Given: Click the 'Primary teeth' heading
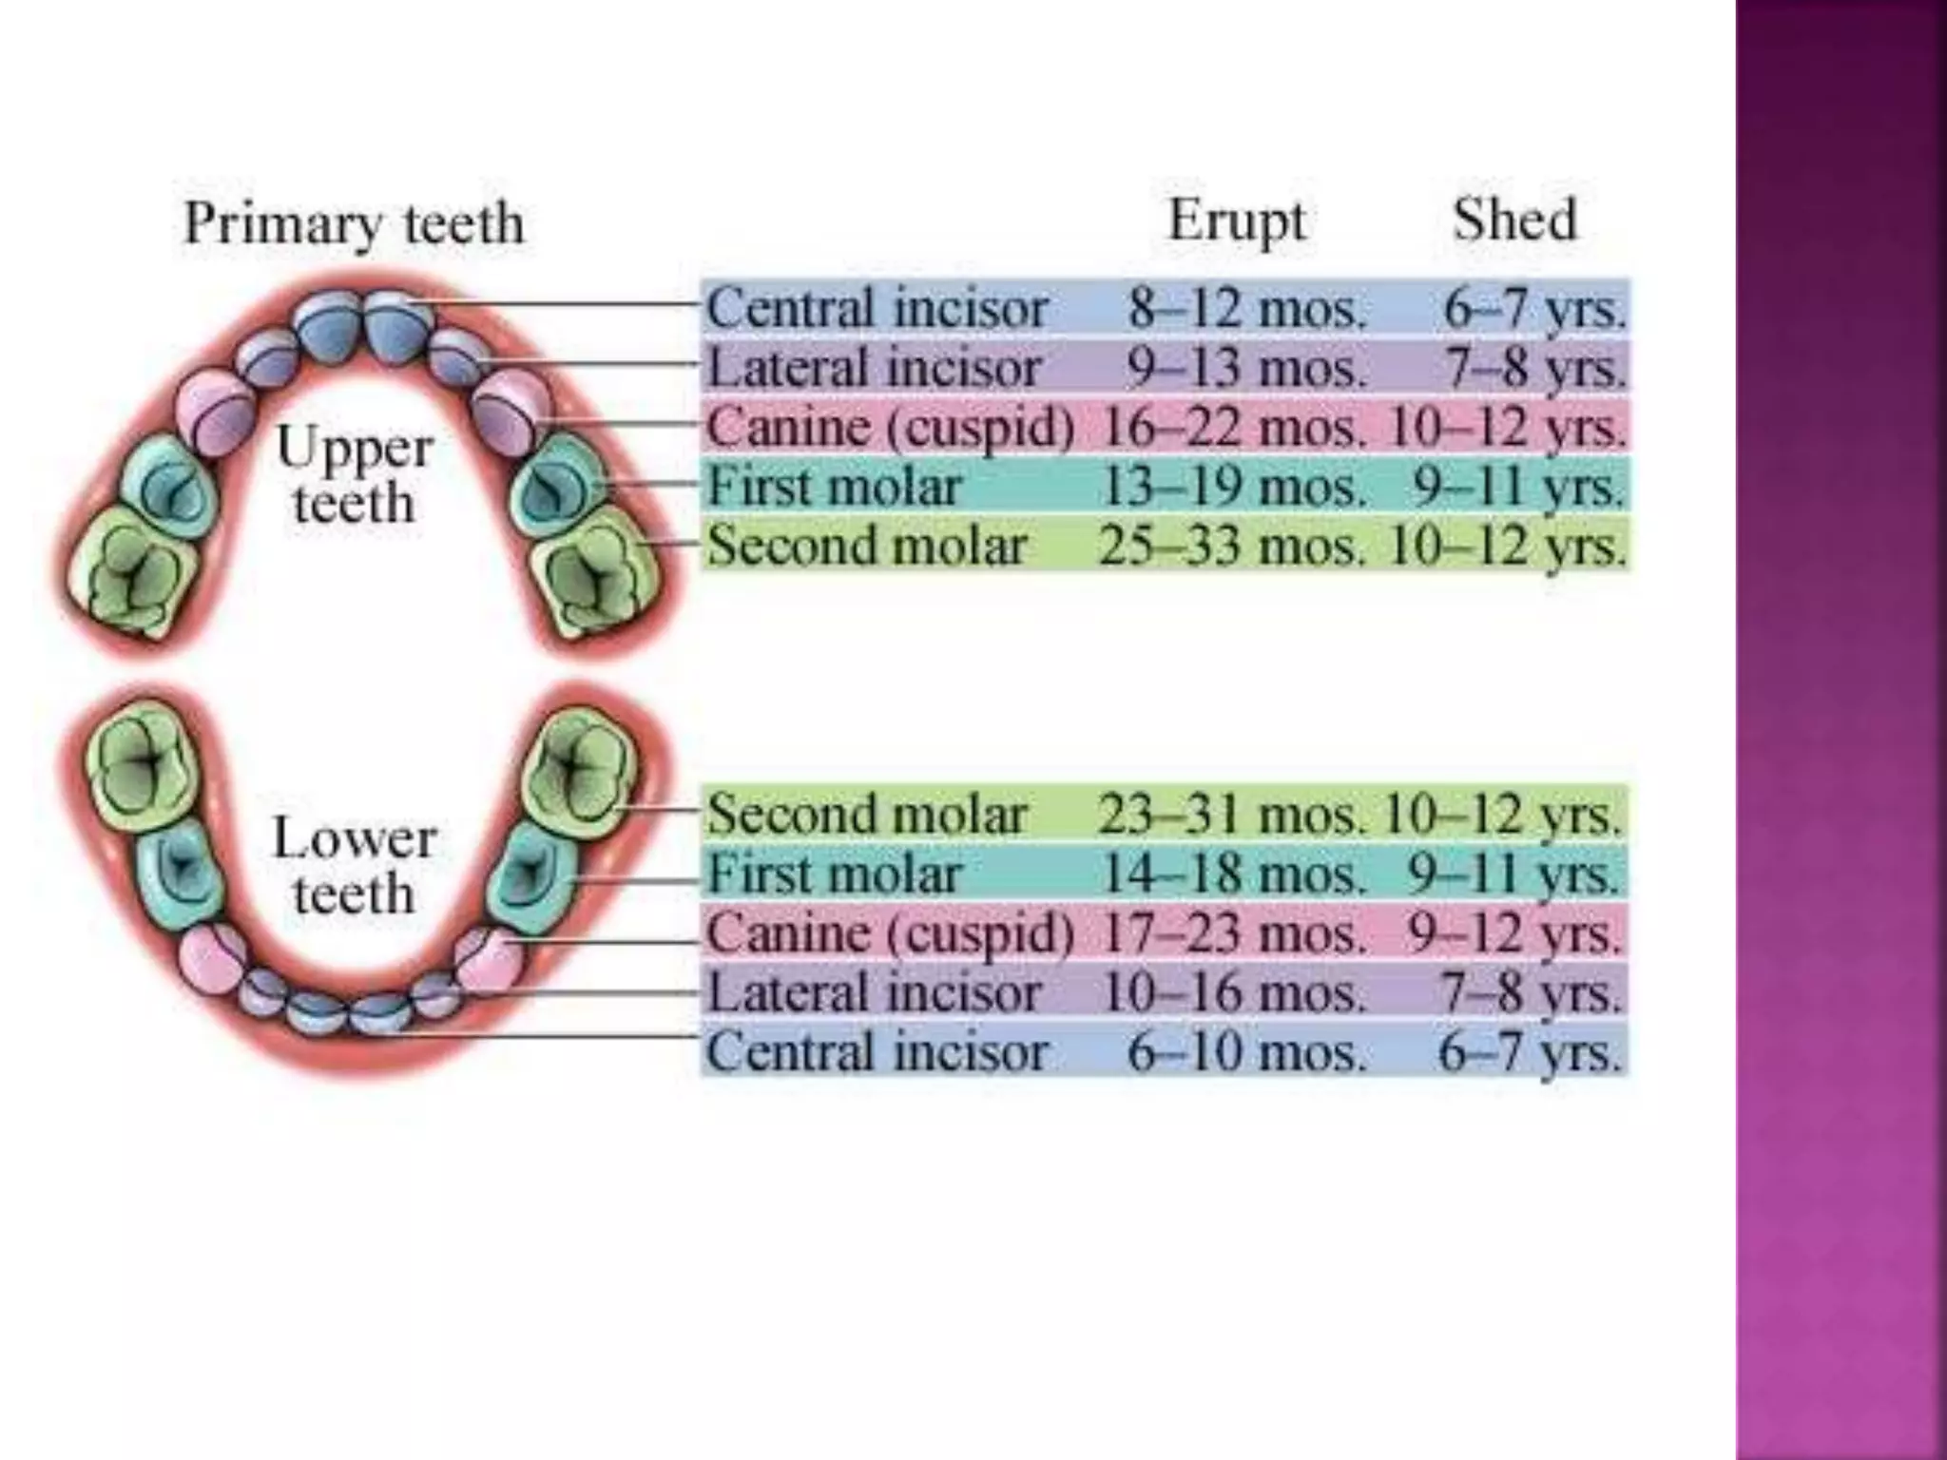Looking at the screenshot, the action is coord(354,224).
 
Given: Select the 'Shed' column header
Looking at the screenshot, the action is coord(1514,221).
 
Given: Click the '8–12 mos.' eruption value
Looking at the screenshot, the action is coord(1246,308).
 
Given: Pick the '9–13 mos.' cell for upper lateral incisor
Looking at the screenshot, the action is coord(1246,368).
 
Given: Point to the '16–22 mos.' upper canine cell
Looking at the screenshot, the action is coord(1232,428).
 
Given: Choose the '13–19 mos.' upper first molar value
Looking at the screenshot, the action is coord(1232,487).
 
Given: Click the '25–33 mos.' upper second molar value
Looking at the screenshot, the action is coord(1232,547).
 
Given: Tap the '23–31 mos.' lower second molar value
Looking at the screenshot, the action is coord(1230,815).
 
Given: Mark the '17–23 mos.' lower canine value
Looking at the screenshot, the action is coord(1232,933).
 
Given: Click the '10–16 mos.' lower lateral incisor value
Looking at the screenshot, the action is coord(1232,992).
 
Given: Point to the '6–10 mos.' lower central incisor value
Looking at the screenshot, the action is coord(1246,1052).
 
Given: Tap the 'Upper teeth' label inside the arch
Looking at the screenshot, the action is coord(355,475).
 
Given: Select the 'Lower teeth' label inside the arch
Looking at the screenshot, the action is coord(355,866).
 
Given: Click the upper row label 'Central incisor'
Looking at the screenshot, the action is coord(877,308).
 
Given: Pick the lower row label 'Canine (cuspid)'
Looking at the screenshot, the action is coord(890,933).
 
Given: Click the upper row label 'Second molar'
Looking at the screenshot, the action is coord(867,547).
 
